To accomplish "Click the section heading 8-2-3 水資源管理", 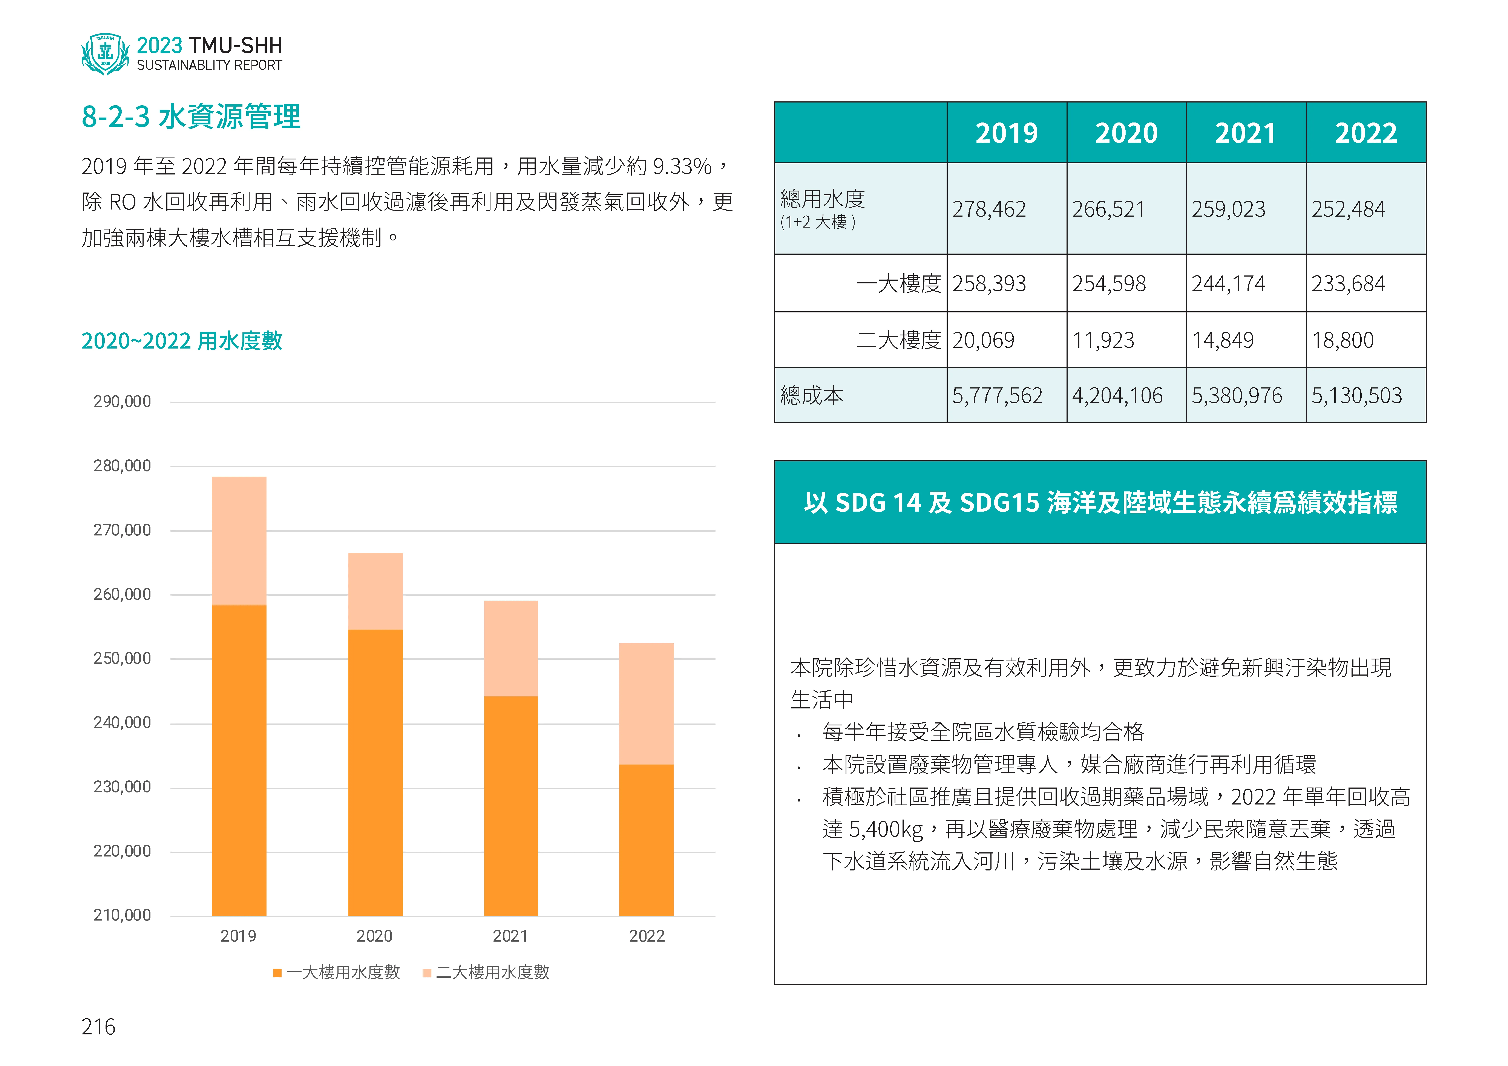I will (190, 117).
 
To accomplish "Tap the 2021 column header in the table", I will (1245, 133).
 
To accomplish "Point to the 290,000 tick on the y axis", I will (122, 401).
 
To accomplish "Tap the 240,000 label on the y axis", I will (122, 722).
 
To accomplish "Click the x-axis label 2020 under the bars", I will (374, 936).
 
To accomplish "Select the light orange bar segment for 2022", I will (646, 703).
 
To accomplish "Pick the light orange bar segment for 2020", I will (375, 591).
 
